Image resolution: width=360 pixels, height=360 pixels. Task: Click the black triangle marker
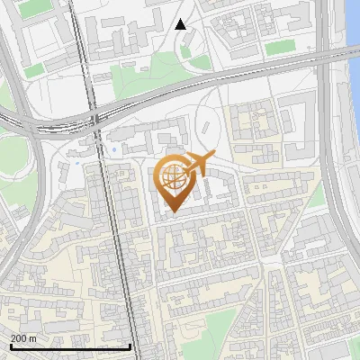[181, 24]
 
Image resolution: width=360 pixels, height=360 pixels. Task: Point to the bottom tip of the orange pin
[172, 213]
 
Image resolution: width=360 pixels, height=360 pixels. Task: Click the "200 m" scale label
[23, 337]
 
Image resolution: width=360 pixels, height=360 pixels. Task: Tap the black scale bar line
[70, 346]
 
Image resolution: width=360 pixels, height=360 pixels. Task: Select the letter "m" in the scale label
[32, 337]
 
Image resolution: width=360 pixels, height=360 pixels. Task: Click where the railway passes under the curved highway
[94, 118]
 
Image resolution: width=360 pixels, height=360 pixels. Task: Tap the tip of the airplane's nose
[214, 157]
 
